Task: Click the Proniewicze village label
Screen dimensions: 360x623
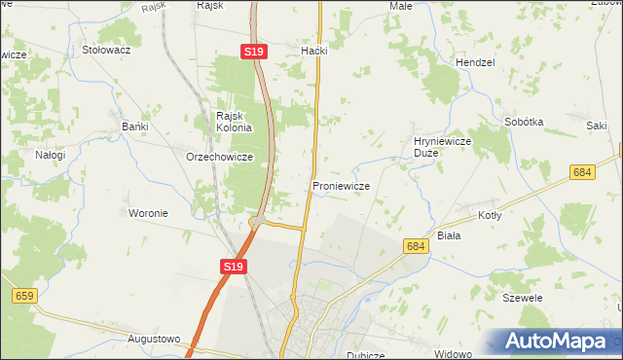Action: point(340,186)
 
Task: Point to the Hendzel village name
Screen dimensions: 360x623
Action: point(475,61)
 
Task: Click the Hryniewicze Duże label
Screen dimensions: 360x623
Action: point(443,147)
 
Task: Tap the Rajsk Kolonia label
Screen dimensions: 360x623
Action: point(234,122)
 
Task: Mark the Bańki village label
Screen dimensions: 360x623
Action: point(134,126)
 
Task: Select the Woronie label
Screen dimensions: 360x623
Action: point(149,213)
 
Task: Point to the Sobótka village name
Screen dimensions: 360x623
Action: point(524,123)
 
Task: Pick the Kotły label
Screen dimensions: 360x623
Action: point(489,216)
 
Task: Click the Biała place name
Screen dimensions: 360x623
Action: point(449,235)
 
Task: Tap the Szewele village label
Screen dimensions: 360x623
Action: point(522,298)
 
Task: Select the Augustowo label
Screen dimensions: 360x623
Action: point(154,340)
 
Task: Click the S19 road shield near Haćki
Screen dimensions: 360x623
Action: point(254,51)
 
